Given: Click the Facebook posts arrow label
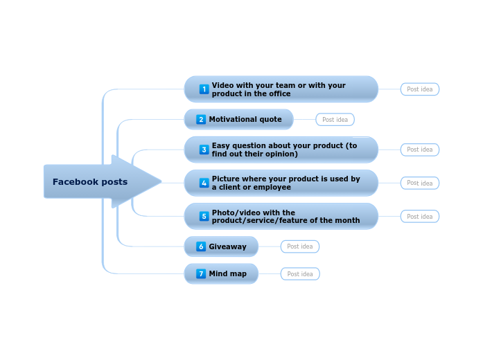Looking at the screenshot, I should click(x=90, y=182).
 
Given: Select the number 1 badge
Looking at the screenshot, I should click(x=204, y=89).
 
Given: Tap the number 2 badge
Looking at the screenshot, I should click(x=201, y=119).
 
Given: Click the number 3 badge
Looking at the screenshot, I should click(x=204, y=150).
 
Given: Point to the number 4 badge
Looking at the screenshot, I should click(x=204, y=183).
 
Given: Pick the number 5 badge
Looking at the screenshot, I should click(x=204, y=216).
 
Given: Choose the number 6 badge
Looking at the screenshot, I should click(x=201, y=246).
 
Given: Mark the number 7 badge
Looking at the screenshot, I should click(x=201, y=273).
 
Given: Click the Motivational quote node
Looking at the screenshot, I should click(x=245, y=119).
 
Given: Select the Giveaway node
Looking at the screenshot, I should click(x=227, y=246).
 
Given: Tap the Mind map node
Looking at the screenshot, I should click(x=227, y=273).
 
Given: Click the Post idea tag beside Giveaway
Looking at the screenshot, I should click(x=300, y=246).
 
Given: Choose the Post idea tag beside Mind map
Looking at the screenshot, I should click(x=300, y=274).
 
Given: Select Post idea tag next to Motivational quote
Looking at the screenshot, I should click(x=335, y=120).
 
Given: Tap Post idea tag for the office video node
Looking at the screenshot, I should click(x=419, y=89).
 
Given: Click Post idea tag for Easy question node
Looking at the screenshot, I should click(x=419, y=150).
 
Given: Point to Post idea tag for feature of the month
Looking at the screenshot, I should click(x=419, y=217).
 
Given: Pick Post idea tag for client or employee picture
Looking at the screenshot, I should click(x=419, y=183).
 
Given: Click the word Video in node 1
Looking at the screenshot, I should click(x=222, y=85).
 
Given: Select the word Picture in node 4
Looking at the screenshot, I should click(x=226, y=179).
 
